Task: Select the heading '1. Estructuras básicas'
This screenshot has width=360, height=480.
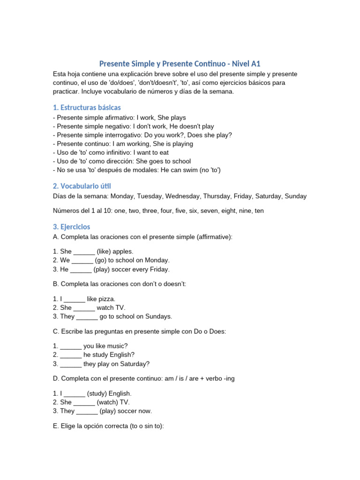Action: [87, 107]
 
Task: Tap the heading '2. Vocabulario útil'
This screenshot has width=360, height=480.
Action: [82, 186]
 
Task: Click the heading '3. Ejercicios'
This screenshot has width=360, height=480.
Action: [71, 226]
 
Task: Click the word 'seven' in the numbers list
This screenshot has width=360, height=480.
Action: [210, 211]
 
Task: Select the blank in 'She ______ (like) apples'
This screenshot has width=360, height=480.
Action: [84, 252]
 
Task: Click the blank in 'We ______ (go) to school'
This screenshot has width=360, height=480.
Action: [82, 261]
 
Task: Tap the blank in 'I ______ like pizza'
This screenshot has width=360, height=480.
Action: [74, 299]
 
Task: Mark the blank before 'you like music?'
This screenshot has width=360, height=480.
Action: [71, 346]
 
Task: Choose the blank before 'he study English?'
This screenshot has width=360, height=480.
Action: [71, 355]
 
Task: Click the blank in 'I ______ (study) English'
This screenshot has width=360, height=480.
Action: [74, 394]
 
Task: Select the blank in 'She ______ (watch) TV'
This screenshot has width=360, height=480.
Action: [84, 403]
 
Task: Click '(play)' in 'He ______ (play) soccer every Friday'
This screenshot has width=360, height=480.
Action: [102, 270]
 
